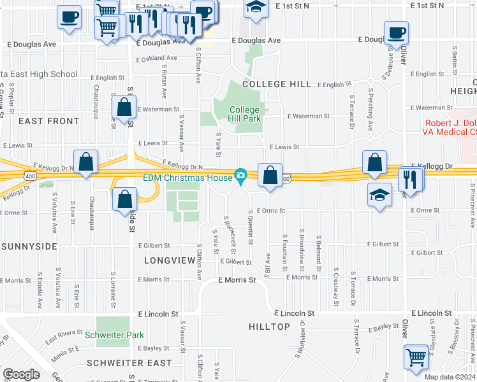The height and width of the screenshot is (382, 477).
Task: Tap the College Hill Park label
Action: pyautogui.click(x=246, y=114)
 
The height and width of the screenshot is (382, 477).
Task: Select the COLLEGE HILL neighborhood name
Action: pyautogui.click(x=276, y=84)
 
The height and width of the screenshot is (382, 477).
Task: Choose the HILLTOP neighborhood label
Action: pyautogui.click(x=269, y=327)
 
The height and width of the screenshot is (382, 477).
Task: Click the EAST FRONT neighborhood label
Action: pyautogui.click(x=48, y=120)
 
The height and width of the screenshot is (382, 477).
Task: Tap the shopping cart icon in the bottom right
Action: pyautogui.click(x=416, y=357)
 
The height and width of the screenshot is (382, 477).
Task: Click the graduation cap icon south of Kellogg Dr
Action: pyautogui.click(x=379, y=194)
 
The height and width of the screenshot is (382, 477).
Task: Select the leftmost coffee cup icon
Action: pyautogui.click(x=69, y=17)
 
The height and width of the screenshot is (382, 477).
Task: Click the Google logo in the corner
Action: pyautogui.click(x=21, y=374)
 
